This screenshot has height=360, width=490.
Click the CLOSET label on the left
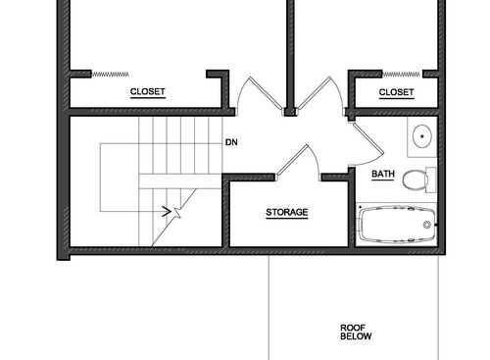[x=148, y=92]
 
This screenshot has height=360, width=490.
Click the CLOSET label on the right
[x=396, y=92]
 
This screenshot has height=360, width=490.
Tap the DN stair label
[x=231, y=142]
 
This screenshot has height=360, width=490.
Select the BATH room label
[x=383, y=175]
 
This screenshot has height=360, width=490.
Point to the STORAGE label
[x=287, y=212]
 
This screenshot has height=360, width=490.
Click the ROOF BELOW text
[x=354, y=332]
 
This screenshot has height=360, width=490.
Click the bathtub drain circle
[x=426, y=225]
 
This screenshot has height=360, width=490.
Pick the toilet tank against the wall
[x=433, y=180]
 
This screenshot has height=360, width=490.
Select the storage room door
[x=295, y=162]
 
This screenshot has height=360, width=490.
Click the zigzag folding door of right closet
[x=402, y=72]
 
